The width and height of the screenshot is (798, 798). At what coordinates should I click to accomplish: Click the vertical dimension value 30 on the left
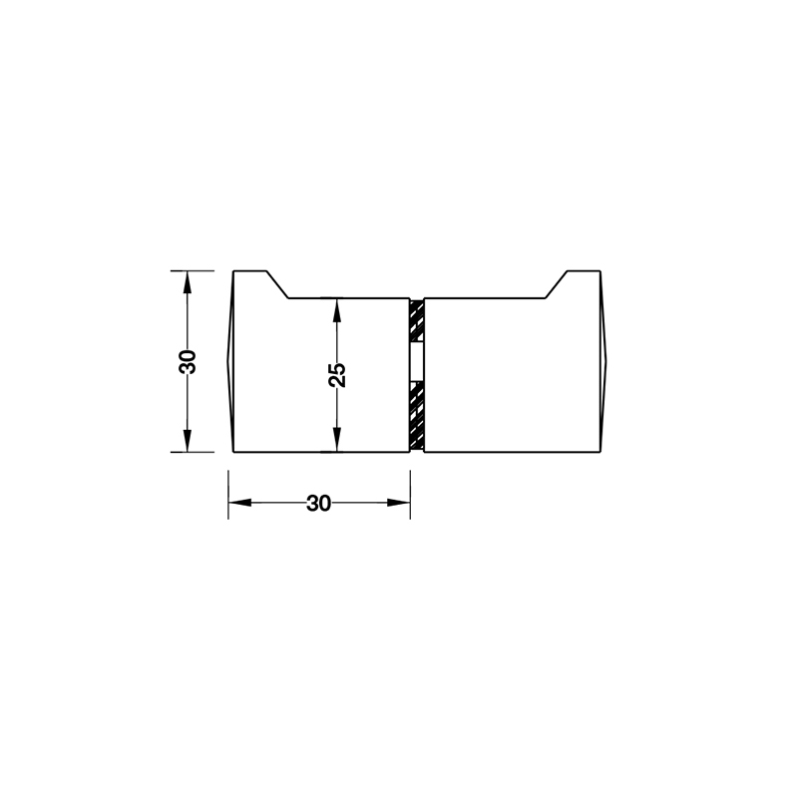[188, 360]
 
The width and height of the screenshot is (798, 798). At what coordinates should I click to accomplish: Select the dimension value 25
[337, 374]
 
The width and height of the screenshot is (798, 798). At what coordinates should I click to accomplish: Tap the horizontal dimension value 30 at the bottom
[318, 504]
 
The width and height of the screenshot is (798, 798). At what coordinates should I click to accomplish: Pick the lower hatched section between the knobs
[417, 415]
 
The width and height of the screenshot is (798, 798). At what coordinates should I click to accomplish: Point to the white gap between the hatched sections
[417, 362]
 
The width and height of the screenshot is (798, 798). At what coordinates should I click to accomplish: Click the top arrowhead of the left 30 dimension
[188, 280]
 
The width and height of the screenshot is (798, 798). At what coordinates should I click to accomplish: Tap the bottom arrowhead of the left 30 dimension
[188, 442]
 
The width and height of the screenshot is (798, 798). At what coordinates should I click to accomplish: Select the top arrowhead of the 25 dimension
[337, 306]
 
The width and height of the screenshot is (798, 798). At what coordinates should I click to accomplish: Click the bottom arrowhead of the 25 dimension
[337, 442]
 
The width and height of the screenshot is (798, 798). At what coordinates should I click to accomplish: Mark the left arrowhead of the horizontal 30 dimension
[238, 503]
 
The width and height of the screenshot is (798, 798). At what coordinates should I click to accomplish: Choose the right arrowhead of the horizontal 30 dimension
[401, 503]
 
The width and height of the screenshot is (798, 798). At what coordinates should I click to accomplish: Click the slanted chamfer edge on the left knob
[278, 284]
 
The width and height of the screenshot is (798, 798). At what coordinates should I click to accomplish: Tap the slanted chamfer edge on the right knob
[557, 284]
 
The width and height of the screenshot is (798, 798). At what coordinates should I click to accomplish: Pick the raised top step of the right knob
[584, 271]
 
